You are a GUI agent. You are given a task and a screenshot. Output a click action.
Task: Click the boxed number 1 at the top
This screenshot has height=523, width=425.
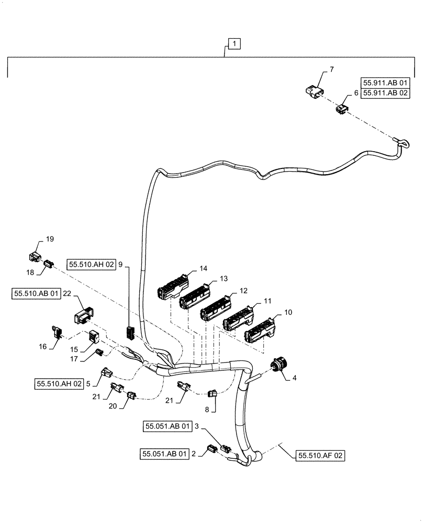[x=234, y=44]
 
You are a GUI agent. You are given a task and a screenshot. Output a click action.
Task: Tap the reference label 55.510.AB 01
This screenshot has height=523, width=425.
[x=37, y=294]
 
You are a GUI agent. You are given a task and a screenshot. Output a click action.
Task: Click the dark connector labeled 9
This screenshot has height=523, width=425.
[x=130, y=332]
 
